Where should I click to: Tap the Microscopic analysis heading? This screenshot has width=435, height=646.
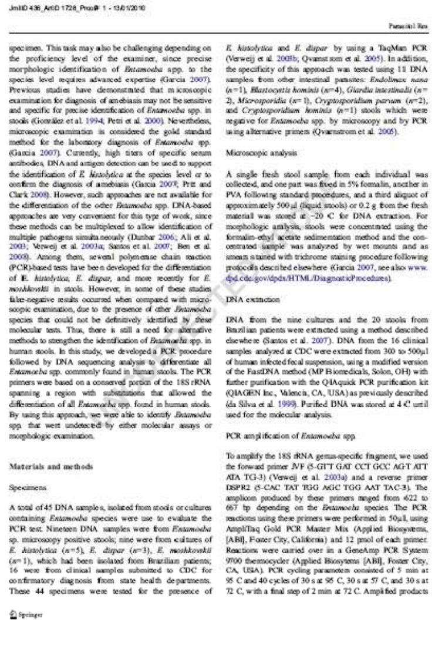[x=255, y=152]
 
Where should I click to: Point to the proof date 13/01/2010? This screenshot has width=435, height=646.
[x=130, y=8]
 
